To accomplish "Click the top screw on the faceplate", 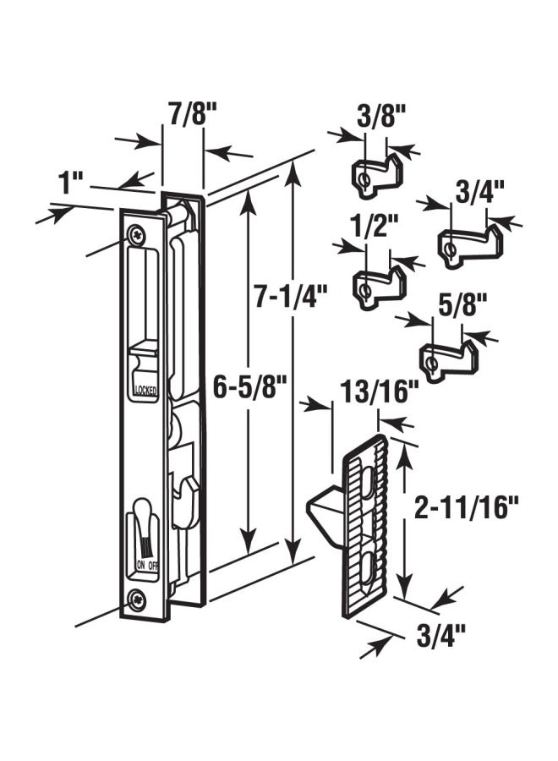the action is (x=138, y=235).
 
